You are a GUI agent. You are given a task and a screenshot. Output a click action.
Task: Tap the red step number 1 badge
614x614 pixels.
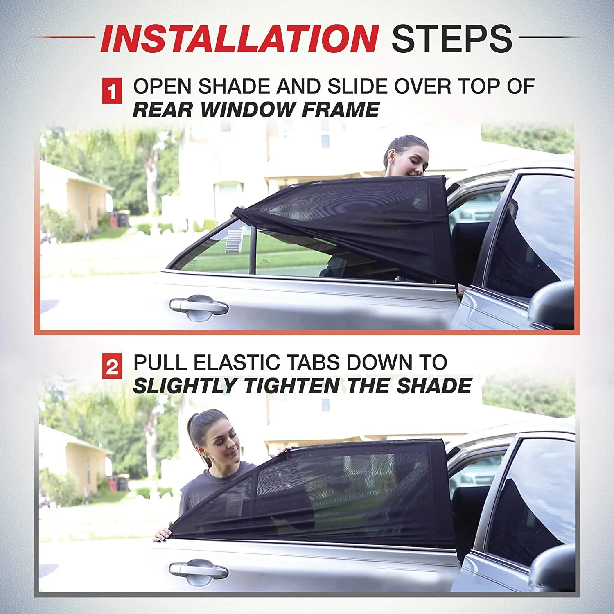tap(112, 91)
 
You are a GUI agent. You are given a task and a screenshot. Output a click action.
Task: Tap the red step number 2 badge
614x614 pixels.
tap(112, 367)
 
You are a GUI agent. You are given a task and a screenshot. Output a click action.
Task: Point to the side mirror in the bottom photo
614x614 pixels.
tap(553, 567)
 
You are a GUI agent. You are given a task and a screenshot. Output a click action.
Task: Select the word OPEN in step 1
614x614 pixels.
tap(162, 87)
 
